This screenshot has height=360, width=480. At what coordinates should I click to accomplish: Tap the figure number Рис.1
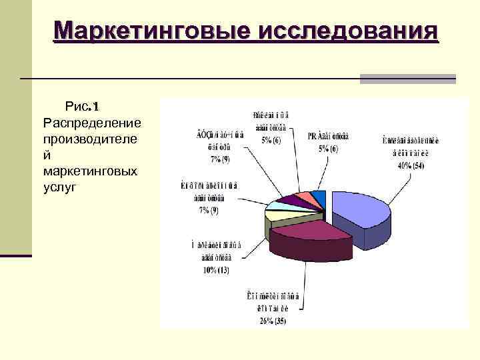click(x=81, y=107)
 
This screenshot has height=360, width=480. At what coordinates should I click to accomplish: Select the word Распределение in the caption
click(x=91, y=123)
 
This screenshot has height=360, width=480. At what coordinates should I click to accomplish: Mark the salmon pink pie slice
click(x=305, y=196)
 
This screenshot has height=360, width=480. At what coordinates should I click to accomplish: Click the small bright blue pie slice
click(x=319, y=195)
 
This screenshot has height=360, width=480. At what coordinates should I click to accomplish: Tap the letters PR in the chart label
click(x=312, y=137)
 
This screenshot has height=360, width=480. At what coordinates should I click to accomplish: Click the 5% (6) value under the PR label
click(x=328, y=149)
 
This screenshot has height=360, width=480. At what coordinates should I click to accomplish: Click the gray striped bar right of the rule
click(x=407, y=79)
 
